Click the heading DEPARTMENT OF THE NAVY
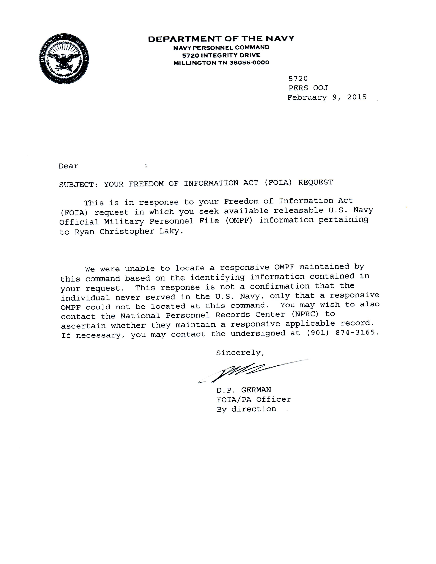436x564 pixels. [221, 39]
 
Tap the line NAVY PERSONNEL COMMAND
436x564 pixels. [221, 48]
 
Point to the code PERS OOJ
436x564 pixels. [308, 88]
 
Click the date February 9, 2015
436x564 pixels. [327, 97]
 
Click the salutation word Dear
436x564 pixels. [68, 166]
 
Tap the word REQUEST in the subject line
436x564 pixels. [315, 182]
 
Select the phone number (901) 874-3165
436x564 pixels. [343, 333]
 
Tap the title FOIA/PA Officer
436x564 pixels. [254, 400]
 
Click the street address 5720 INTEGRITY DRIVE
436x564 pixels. [221, 55]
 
